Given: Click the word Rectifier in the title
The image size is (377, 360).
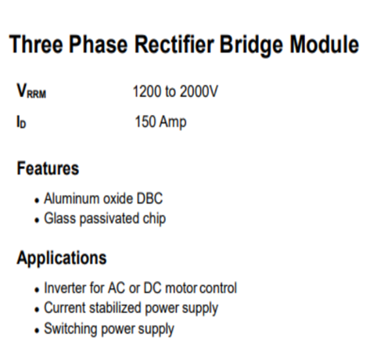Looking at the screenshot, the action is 174,45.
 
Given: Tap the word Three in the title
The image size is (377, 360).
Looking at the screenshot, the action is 36,45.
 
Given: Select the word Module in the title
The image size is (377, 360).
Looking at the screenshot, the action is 325,45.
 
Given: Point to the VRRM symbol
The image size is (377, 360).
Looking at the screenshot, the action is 31,91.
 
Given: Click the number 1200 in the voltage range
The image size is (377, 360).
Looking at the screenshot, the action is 147,92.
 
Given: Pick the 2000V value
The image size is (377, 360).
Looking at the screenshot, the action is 199,92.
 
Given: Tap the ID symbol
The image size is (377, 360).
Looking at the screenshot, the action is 21,122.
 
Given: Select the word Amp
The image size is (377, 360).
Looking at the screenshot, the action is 173,122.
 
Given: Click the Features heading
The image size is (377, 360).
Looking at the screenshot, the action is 48,168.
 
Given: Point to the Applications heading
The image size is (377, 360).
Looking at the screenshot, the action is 62,258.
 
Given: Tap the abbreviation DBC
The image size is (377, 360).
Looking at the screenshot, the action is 149,199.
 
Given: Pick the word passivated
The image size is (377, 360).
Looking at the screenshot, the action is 110,219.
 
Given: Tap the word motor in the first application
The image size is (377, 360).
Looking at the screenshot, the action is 181,288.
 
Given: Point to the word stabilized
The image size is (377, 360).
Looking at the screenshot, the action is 115,308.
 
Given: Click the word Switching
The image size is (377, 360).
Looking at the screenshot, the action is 70,329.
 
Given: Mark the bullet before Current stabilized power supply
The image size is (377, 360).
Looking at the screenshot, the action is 37,310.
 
